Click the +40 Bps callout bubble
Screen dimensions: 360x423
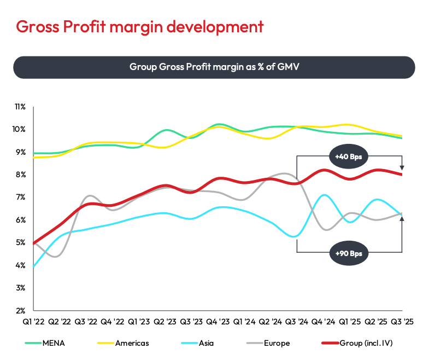349,156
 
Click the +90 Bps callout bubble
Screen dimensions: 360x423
349,253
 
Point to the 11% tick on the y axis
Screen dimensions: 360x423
20,106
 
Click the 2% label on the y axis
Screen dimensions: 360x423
21,310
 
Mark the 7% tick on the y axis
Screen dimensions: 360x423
21,197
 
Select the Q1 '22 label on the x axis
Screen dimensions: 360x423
34,323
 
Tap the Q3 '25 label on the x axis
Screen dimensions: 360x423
402,323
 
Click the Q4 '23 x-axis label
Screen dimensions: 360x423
218,323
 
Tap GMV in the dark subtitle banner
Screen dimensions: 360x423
287,67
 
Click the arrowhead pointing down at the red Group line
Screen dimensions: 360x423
402,167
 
